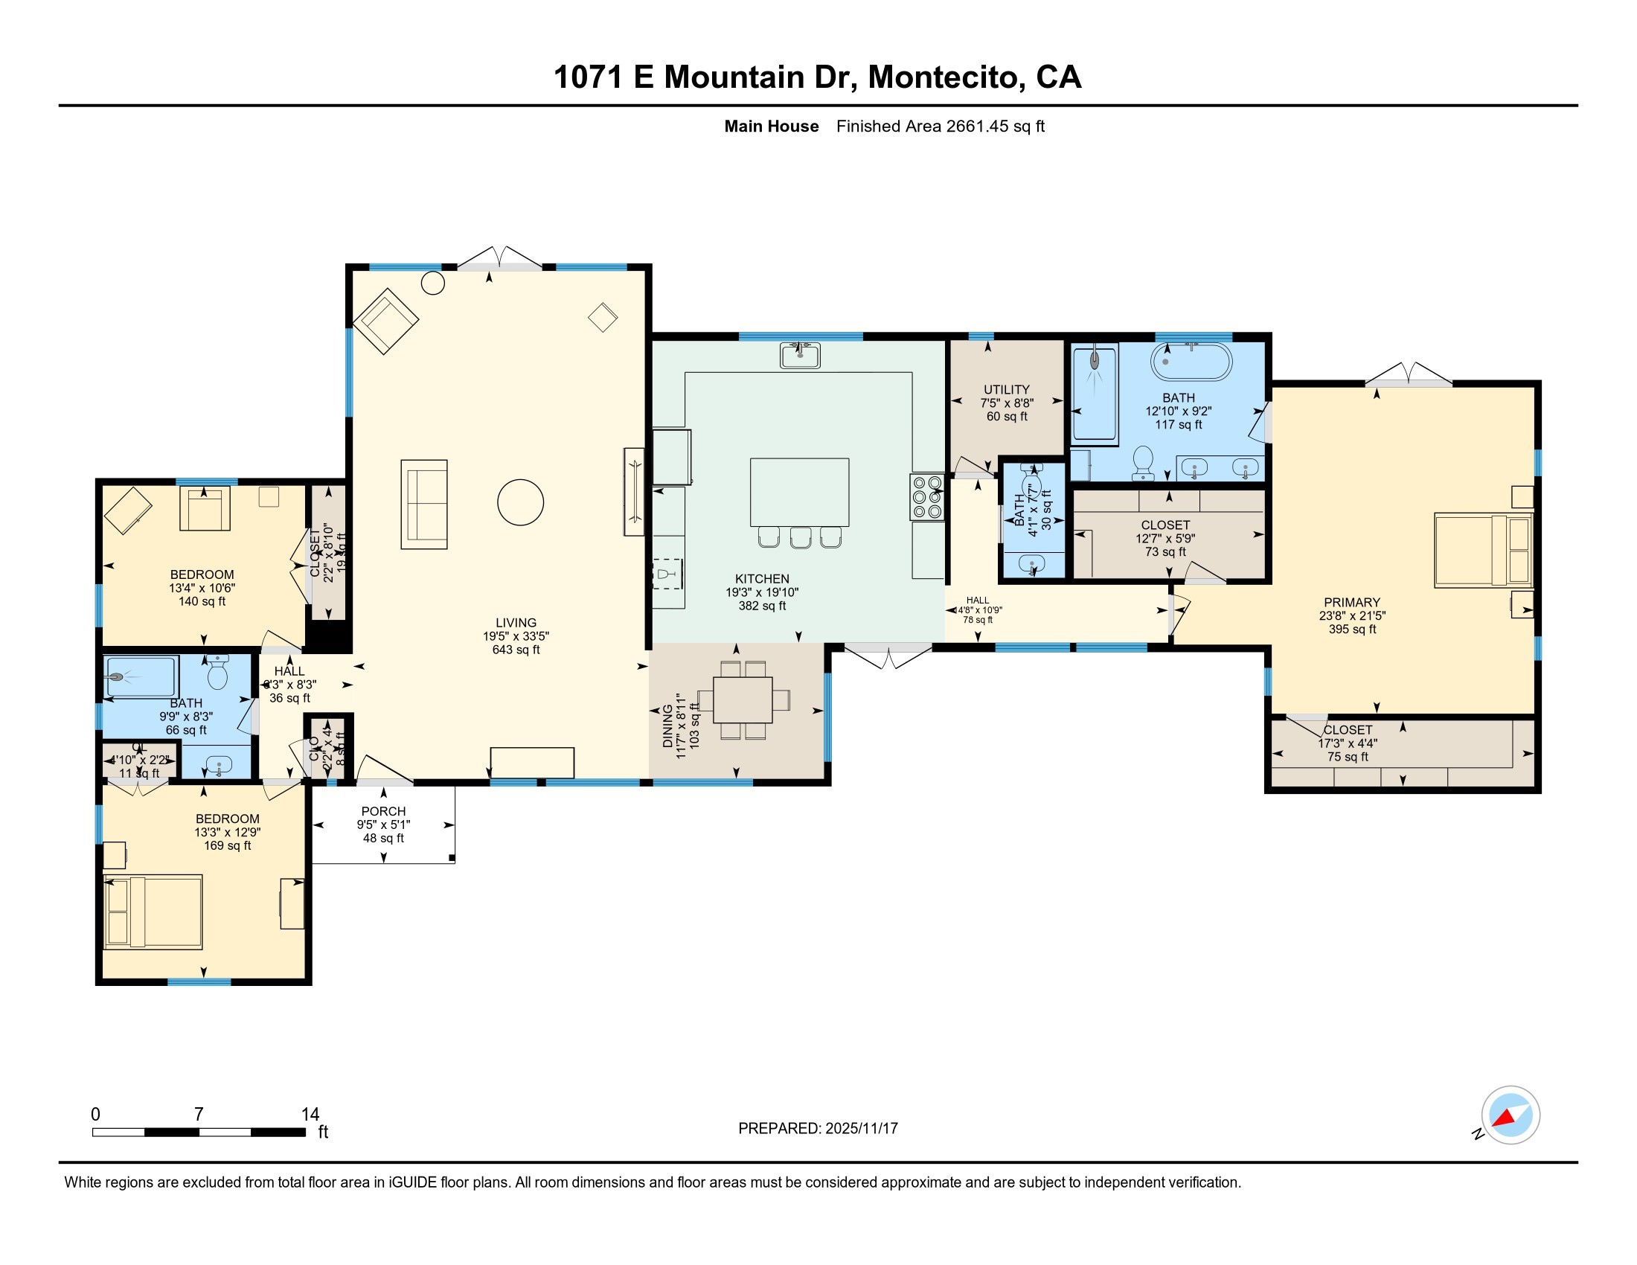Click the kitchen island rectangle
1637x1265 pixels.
click(x=799, y=493)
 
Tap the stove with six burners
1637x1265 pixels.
click(x=927, y=497)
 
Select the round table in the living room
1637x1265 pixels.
click(x=520, y=502)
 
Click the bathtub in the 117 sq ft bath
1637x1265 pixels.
click(x=1191, y=362)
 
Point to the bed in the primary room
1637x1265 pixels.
click(x=1481, y=549)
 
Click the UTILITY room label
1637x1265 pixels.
click(x=1006, y=390)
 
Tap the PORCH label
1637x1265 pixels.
click(x=383, y=811)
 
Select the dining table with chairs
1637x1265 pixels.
click(x=742, y=700)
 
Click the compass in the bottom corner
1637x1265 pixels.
click(x=1510, y=1115)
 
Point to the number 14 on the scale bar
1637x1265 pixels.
click(x=310, y=1115)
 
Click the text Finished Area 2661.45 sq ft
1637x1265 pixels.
click(x=940, y=126)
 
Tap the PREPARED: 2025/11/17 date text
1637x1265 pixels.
click(x=818, y=1128)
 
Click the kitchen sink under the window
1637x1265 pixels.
click(x=800, y=355)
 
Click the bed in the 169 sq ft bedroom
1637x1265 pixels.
click(x=153, y=912)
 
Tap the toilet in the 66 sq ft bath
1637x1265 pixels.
click(x=217, y=672)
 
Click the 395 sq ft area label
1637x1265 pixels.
click(x=1352, y=629)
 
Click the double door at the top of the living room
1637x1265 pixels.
click(x=499, y=258)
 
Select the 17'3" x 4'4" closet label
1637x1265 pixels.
click(x=1348, y=743)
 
